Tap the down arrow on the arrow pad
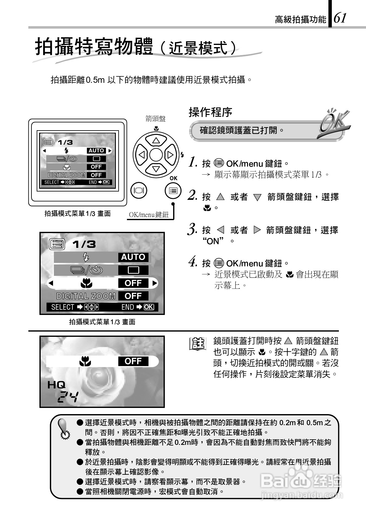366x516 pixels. [x=156, y=169]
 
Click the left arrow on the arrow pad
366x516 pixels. [x=141, y=155]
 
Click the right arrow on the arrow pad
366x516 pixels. [x=170, y=155]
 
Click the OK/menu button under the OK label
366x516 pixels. [x=173, y=191]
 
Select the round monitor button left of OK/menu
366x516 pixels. [x=139, y=191]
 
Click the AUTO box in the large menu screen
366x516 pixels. [x=133, y=257]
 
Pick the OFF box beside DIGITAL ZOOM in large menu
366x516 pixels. [x=133, y=296]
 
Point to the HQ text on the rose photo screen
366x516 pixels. [x=56, y=385]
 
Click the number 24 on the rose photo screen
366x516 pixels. [x=68, y=397]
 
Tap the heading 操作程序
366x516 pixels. [x=210, y=112]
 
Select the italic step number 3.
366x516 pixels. [x=192, y=230]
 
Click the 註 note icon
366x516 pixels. [x=197, y=344]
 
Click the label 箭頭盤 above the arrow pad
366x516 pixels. [x=156, y=119]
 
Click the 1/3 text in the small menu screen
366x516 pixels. [x=65, y=142]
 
